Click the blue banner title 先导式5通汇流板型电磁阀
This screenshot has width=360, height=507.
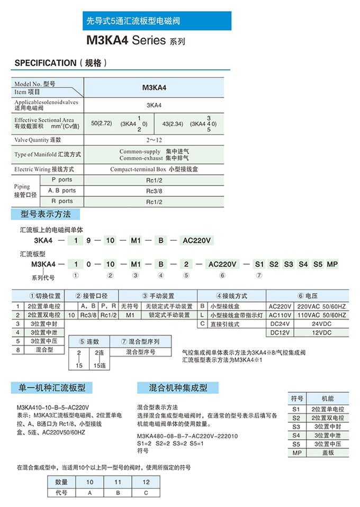[133, 21]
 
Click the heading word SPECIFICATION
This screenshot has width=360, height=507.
[46, 63]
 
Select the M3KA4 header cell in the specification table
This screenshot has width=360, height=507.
[154, 88]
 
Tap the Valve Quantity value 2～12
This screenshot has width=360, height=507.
[154, 140]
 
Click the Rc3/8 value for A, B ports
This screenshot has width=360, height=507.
[154, 191]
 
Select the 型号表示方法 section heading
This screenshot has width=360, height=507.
[46, 214]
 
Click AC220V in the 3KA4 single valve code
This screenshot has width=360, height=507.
[197, 240]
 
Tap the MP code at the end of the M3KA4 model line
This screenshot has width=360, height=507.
[332, 264]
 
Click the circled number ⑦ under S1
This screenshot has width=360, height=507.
[259, 275]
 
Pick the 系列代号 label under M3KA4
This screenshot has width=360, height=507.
[43, 278]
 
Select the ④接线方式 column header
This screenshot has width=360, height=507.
[231, 296]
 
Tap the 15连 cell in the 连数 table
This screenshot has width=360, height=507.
[100, 366]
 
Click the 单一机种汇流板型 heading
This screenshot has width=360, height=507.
[48, 388]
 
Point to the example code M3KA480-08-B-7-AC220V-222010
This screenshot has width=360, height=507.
[187, 436]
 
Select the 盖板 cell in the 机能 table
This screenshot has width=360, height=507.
[328, 453]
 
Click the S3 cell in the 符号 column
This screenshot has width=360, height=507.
[296, 427]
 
